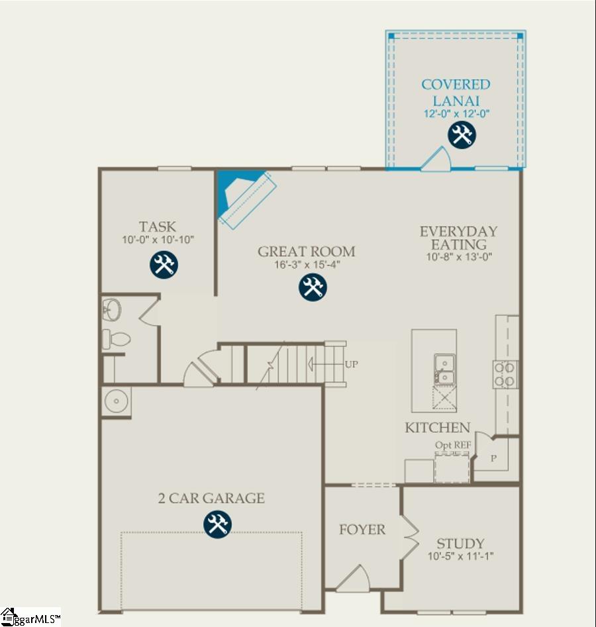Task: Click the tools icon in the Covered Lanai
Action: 461,136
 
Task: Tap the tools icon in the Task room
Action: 163,264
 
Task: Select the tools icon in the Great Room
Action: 312,287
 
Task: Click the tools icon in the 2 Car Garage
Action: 216,525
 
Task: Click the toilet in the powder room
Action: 117,339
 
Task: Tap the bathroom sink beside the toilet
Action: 112,309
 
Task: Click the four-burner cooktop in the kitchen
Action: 506,374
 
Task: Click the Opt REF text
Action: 452,446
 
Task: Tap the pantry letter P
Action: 493,458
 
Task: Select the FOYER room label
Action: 362,530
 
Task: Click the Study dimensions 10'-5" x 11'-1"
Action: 460,556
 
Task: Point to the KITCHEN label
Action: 437,428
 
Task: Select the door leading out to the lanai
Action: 436,160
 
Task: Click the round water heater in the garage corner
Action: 117,401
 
